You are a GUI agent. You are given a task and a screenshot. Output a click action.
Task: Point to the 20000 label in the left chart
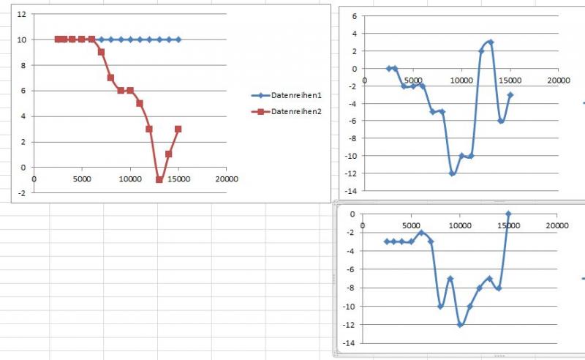click(x=227, y=178)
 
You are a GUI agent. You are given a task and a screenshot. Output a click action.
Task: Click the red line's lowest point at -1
click(x=159, y=180)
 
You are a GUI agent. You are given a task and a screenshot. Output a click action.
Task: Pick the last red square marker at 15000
click(x=178, y=129)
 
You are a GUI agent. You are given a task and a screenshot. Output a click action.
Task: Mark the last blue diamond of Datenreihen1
click(x=178, y=40)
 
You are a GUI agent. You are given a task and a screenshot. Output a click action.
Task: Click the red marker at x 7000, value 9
click(x=101, y=52)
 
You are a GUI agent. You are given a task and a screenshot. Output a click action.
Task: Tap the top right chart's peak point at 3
click(x=491, y=42)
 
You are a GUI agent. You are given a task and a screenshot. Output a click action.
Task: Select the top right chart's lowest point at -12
click(x=453, y=173)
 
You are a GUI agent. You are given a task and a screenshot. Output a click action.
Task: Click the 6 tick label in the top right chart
click(x=354, y=16)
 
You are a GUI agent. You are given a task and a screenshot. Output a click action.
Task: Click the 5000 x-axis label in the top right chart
click(x=413, y=80)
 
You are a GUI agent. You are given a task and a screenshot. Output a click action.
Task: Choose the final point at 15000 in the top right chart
click(x=510, y=94)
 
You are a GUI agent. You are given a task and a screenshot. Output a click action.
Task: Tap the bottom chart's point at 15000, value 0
click(x=508, y=214)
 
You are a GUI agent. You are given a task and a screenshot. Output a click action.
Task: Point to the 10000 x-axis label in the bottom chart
click(x=460, y=225)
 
